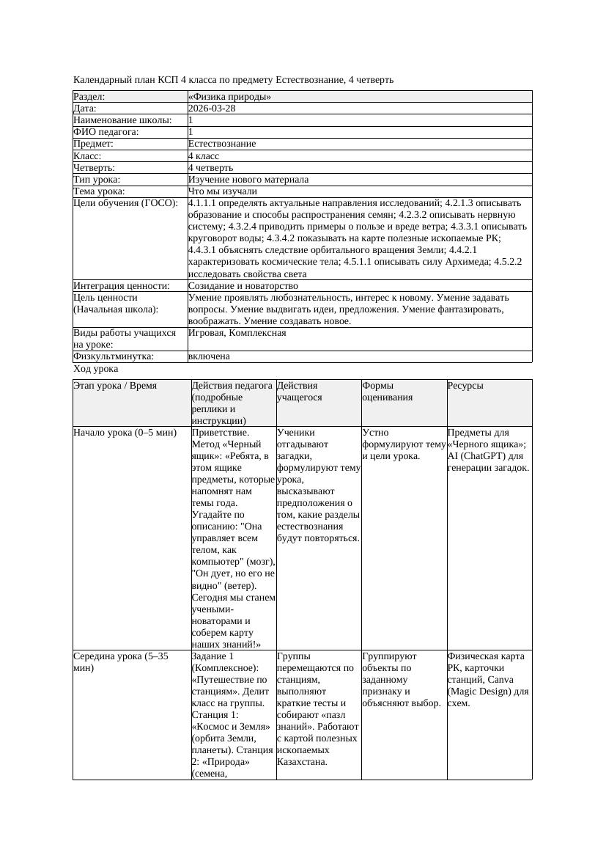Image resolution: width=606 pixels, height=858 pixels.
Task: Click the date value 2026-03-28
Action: pos(212,109)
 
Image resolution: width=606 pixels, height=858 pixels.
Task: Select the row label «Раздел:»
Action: pos(89,97)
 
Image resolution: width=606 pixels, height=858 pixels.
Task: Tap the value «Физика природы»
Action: pos(229,97)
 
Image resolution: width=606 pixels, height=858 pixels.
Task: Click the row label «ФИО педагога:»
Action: pos(106,132)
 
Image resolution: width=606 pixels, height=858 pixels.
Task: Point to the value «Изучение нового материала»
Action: pos(248,180)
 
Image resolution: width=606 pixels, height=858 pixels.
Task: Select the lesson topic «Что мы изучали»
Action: pos(223,191)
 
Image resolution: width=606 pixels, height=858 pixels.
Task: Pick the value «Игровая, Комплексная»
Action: pos(237,333)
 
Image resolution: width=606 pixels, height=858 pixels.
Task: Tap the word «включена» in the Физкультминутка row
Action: pos(209,356)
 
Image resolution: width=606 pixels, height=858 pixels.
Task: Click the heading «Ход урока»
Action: pos(96,370)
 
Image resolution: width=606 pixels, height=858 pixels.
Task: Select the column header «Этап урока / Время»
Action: pos(115,385)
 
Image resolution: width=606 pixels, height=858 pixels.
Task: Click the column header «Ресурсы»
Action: pos(465,385)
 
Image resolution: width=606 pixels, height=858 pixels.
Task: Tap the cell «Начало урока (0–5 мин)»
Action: pos(125,433)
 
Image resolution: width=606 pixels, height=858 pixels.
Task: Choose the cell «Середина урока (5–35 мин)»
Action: pos(121,662)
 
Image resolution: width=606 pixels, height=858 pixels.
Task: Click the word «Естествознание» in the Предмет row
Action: pos(222,144)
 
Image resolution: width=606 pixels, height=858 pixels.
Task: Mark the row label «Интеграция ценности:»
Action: pos(121,286)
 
